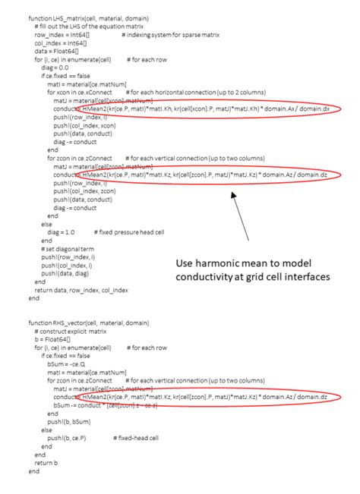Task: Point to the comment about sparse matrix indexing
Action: pos(163,35)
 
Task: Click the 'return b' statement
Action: pos(46,462)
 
